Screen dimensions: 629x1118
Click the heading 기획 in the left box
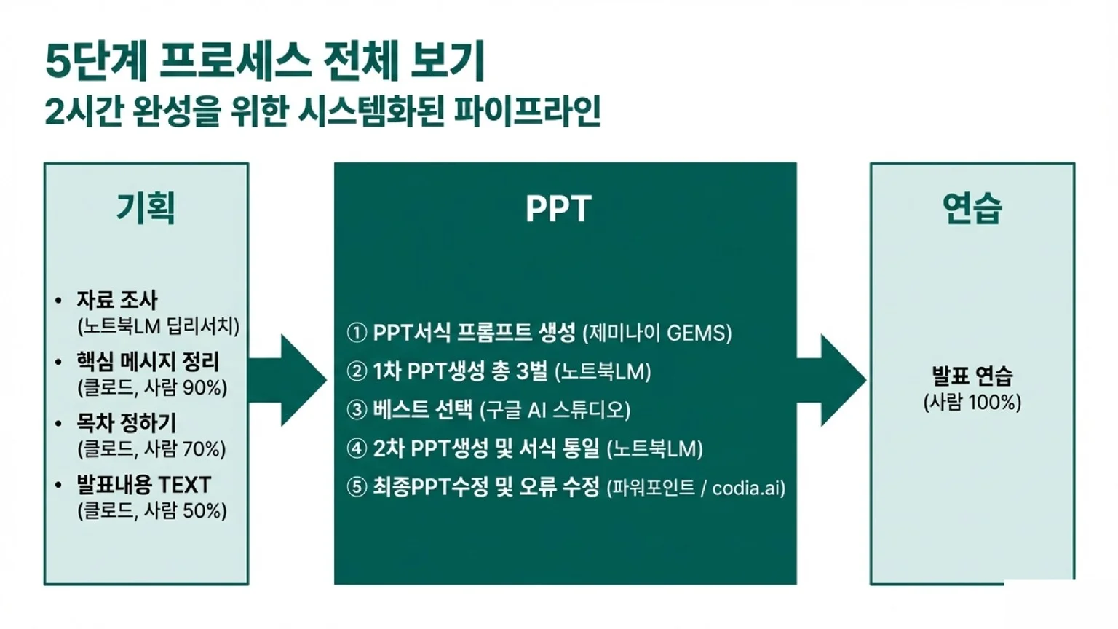(146, 208)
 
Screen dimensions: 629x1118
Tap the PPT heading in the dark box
(558, 209)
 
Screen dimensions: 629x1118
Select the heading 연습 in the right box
(972, 208)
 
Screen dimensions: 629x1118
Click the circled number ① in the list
(357, 333)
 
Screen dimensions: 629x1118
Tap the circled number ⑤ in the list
(357, 487)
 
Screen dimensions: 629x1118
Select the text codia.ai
(748, 488)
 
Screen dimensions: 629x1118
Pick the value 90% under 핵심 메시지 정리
(204, 387)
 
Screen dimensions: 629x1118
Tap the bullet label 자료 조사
(116, 300)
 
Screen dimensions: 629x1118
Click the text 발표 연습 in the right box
(972, 376)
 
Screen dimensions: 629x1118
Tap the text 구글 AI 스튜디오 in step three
(555, 411)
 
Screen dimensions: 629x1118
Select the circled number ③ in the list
(357, 410)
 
